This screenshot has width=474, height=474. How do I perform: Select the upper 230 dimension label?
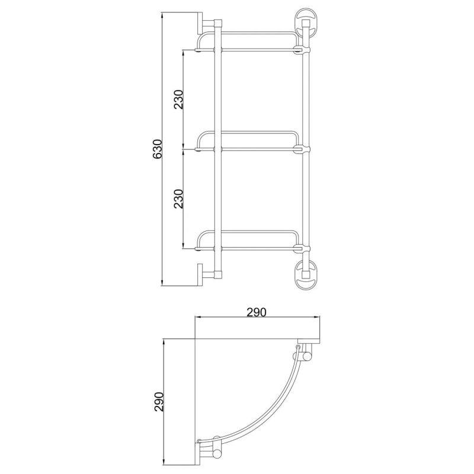tap(178, 101)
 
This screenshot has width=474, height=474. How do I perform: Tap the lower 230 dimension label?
tap(178, 198)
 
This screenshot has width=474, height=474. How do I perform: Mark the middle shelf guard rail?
tap(249, 133)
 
